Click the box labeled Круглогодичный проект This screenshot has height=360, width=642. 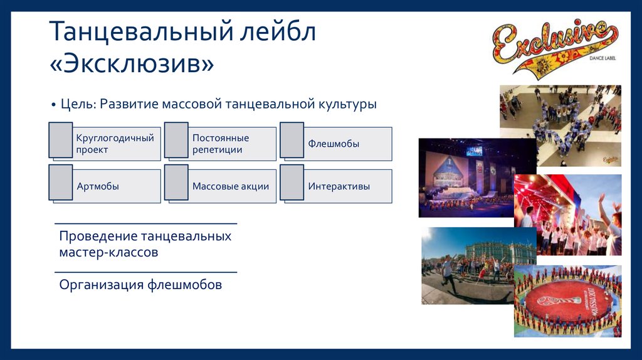115,144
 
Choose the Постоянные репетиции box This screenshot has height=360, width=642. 221,144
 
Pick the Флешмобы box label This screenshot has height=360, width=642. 334,144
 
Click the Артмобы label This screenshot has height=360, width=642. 98,186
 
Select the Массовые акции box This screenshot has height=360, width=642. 231,186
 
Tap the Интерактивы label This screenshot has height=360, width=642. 339,186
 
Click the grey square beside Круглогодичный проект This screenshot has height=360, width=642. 61,140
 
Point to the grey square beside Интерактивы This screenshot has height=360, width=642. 292,183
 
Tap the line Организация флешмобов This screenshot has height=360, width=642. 140,285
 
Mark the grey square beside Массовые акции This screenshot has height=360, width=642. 176,183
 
